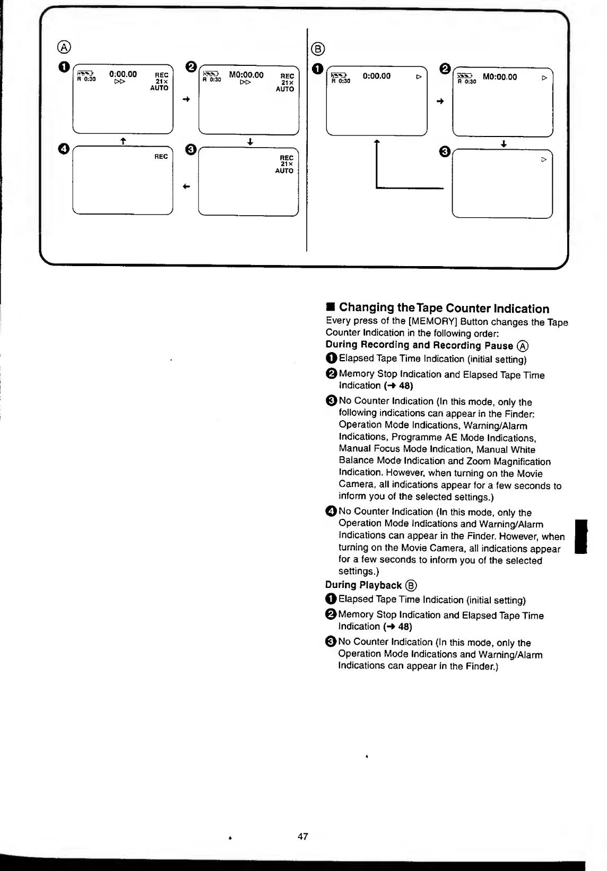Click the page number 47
[x=303, y=836]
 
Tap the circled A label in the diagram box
[x=64, y=46]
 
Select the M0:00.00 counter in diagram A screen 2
[x=246, y=75]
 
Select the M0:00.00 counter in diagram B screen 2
[x=500, y=77]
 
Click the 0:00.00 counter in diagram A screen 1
[x=123, y=74]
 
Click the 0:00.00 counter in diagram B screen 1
[x=377, y=76]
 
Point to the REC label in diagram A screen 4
[x=161, y=157]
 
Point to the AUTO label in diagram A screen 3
[x=284, y=171]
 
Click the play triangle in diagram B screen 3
[x=543, y=159]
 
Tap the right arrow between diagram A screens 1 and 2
[x=186, y=99]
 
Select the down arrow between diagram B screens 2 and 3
[x=504, y=144]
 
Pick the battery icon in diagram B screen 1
[x=338, y=75]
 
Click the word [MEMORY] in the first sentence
[x=437, y=321]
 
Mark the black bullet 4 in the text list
[x=331, y=511]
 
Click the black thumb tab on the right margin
[x=581, y=537]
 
